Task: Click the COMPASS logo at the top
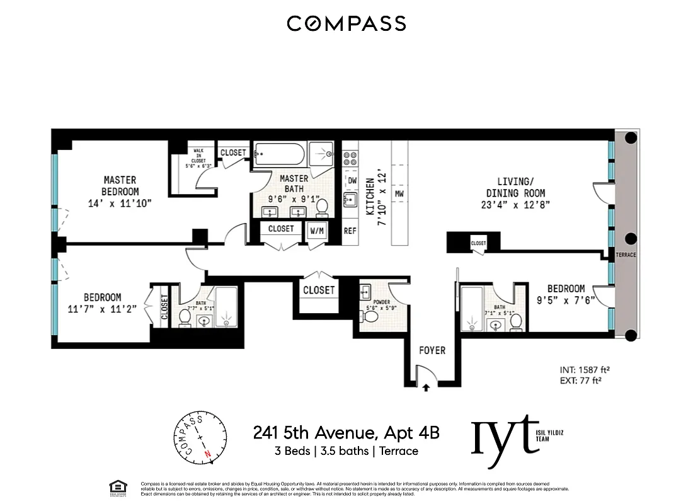[x=346, y=24]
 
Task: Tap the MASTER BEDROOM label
[x=120, y=186]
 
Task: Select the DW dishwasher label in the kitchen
[x=352, y=181]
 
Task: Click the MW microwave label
[x=399, y=193]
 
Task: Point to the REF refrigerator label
[x=350, y=231]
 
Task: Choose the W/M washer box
[x=316, y=231]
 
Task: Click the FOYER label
[x=432, y=350]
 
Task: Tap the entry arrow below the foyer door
[x=426, y=388]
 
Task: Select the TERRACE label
[x=626, y=255]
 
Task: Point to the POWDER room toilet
[x=371, y=319]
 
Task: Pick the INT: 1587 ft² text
[x=587, y=370]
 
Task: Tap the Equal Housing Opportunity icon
[x=117, y=486]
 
